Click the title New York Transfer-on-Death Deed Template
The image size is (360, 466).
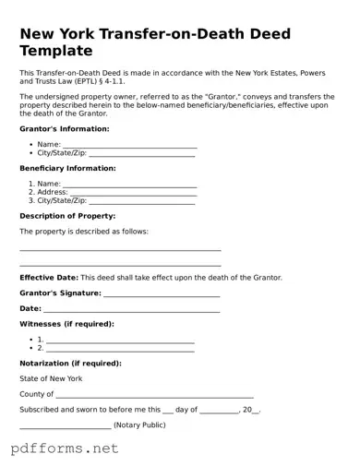(x=154, y=42)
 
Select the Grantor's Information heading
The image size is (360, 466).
(x=64, y=129)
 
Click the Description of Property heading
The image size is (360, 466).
(x=67, y=216)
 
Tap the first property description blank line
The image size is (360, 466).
(x=120, y=250)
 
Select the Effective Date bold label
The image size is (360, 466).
(x=49, y=278)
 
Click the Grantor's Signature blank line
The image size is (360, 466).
(x=162, y=295)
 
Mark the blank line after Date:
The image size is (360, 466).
(x=131, y=311)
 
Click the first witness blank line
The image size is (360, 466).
(x=120, y=342)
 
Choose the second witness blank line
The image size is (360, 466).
(x=120, y=351)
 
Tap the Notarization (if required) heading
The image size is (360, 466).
(x=70, y=364)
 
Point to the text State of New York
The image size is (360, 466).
(x=51, y=379)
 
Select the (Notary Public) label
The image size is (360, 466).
(x=139, y=425)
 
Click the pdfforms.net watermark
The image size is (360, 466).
(x=65, y=449)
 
